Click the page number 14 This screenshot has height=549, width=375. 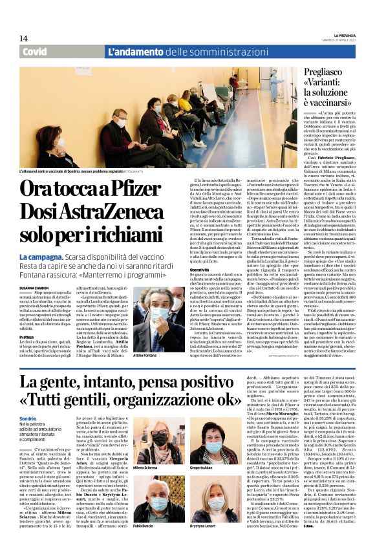click(x=23, y=38)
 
